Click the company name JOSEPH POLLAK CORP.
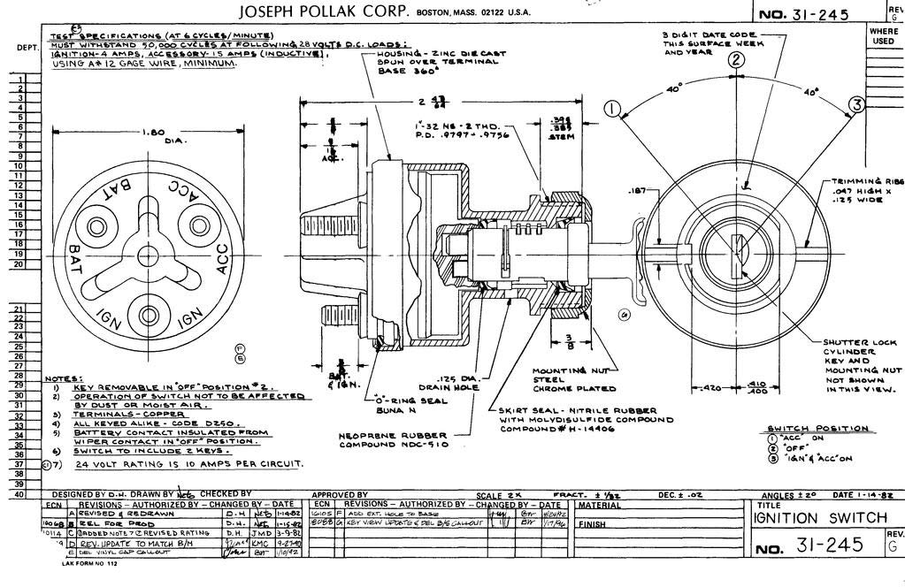tap(325, 11)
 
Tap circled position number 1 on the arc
tap(611, 109)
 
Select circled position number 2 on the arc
tap(736, 60)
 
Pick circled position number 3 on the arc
tap(855, 105)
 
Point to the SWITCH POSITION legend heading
tap(817, 429)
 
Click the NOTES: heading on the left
tap(62, 378)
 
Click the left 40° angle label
tap(674, 89)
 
